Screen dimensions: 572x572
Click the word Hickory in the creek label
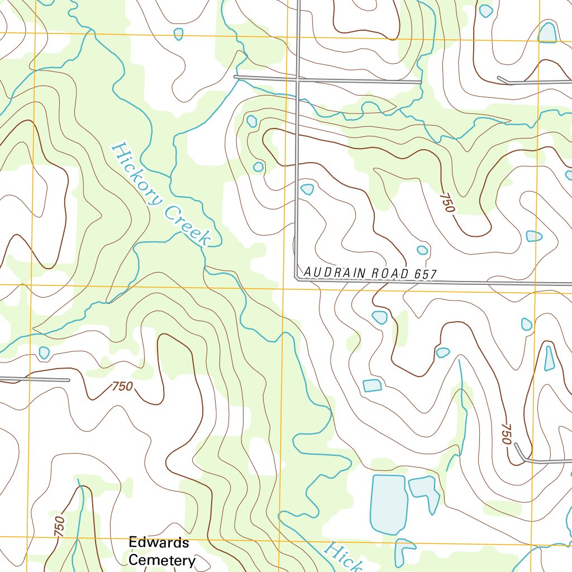click(135, 173)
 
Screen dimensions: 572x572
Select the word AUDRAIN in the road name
click(331, 272)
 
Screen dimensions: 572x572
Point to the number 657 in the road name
click(425, 274)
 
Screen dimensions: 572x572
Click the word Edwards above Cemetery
click(159, 542)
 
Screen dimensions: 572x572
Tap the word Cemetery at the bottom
click(162, 560)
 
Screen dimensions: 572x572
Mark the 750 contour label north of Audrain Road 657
click(447, 203)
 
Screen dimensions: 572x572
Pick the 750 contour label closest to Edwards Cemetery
click(60, 527)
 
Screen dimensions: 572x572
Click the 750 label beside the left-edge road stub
click(122, 386)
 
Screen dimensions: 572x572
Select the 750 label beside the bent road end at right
click(506, 434)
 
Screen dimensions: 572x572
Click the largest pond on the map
click(388, 504)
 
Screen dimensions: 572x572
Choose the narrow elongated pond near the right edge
click(550, 359)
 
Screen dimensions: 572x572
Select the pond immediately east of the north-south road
click(307, 189)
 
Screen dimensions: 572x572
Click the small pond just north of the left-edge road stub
click(44, 352)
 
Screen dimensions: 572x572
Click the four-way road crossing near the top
click(298, 80)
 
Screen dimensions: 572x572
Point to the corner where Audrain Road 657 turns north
click(296, 278)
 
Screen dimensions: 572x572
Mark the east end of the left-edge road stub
click(69, 380)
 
